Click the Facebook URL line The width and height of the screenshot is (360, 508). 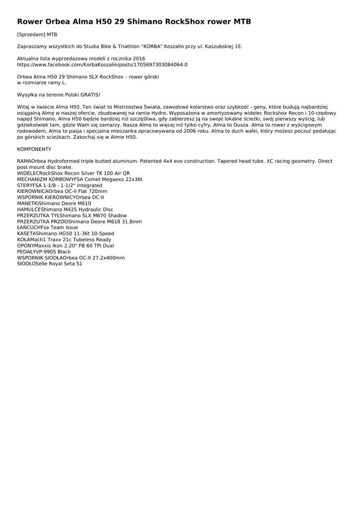pos(102,64)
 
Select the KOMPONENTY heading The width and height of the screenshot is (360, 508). pos(34,149)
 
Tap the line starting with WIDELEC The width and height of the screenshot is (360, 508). pos(73,173)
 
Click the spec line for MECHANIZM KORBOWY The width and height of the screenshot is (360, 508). pos(79,179)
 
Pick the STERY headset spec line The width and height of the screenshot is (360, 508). pos(60,185)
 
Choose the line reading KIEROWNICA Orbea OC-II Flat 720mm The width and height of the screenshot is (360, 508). pos(62,191)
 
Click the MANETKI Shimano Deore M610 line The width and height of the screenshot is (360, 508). pos(54,203)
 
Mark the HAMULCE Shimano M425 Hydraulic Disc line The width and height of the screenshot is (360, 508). pos(65,209)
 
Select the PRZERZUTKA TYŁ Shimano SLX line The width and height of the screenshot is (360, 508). pos(72,215)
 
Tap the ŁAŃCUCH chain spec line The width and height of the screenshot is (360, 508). pos(48,227)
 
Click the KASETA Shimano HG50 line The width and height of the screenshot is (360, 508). pos(66,233)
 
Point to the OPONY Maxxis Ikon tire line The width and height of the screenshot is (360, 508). pos(66,246)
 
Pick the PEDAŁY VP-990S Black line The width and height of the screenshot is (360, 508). pos(44,252)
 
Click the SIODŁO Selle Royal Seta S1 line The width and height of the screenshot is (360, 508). pos(50,263)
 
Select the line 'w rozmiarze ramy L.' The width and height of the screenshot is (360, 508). pos(42,83)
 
